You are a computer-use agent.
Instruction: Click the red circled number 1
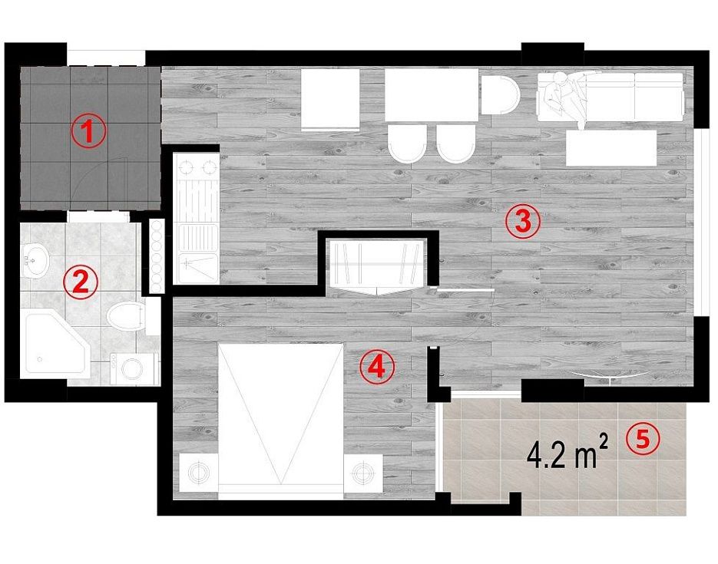[x=89, y=130]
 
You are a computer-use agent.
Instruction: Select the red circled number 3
[x=523, y=222]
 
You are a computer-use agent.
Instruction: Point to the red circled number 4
[x=377, y=366]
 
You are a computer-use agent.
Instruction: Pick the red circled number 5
[x=643, y=439]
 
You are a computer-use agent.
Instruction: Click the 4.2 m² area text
[x=567, y=453]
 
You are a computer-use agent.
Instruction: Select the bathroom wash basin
[x=35, y=261]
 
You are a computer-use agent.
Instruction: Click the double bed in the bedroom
[x=281, y=421]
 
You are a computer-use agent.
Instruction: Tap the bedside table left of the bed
[x=198, y=473]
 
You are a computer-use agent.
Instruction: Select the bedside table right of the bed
[x=363, y=473]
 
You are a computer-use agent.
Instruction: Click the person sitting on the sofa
[x=567, y=97]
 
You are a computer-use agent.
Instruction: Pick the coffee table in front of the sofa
[x=611, y=148]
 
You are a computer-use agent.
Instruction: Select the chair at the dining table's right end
[x=501, y=94]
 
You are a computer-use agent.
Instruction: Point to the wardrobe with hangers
[x=378, y=266]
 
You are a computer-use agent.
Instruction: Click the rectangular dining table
[x=432, y=94]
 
